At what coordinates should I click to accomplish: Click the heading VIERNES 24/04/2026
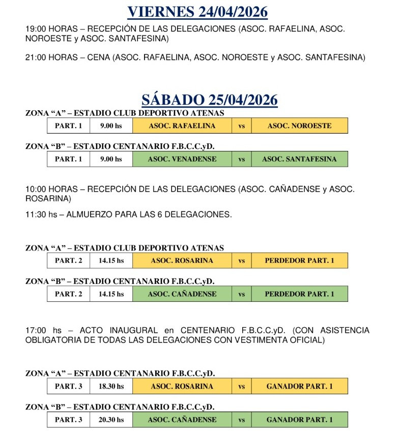click(197, 12)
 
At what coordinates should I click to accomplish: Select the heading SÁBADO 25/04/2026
click(209, 100)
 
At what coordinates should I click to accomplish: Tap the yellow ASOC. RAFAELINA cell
click(182, 126)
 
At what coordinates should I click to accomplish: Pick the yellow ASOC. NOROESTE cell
click(299, 126)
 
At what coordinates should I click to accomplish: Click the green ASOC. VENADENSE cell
click(182, 159)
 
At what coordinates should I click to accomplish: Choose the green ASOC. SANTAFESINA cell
click(299, 159)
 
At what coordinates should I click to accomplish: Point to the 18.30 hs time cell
click(111, 386)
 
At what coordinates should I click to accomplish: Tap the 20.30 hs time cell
click(111, 420)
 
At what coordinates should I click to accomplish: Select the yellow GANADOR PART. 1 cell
click(299, 386)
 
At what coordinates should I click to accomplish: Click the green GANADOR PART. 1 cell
click(299, 420)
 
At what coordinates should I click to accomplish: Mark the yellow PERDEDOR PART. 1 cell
click(299, 261)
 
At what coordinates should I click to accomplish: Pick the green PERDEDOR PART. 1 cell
click(299, 294)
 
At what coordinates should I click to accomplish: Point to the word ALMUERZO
click(97, 215)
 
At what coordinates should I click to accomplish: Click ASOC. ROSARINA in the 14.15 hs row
click(182, 261)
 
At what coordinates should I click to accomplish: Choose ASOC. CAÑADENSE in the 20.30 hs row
click(182, 420)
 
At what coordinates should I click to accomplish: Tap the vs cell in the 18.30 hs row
click(241, 386)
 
